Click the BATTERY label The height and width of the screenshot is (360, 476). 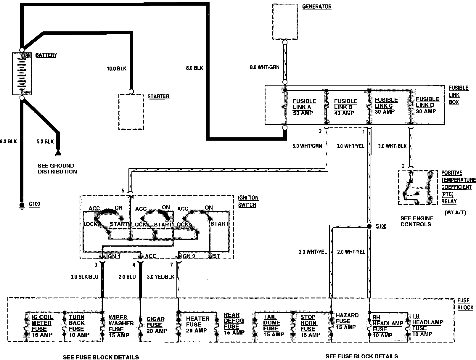click(46, 55)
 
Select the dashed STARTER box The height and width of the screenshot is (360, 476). click(131, 111)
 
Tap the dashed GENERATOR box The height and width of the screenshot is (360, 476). click(285, 22)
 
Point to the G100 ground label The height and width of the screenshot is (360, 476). click(34, 204)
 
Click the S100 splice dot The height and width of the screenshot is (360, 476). click(369, 226)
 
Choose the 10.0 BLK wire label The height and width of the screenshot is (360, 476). click(116, 69)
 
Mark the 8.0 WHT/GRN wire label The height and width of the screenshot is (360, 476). click(264, 67)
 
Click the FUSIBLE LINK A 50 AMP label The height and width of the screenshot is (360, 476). click(304, 107)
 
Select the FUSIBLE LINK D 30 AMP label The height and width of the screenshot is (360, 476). click(427, 105)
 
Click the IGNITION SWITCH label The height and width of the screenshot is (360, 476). click(248, 201)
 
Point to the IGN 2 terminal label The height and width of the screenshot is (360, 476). click(188, 256)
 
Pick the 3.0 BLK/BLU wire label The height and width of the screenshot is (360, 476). click(84, 277)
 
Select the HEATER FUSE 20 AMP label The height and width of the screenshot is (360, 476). click(197, 324)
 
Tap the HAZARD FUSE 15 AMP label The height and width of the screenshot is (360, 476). click(347, 321)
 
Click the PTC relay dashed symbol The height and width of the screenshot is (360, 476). click(418, 187)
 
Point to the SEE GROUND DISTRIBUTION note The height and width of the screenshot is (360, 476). click(57, 168)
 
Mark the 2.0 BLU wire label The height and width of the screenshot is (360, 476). click(127, 277)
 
